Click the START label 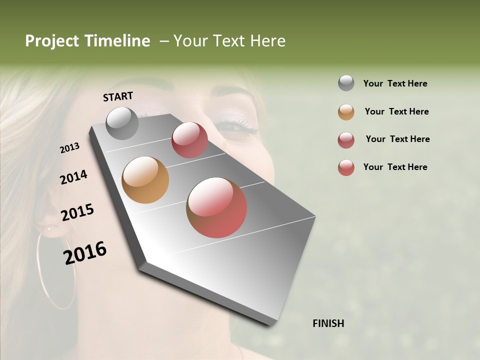118,96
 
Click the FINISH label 328,323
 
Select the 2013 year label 69,148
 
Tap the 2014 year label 73,177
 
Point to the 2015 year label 77,212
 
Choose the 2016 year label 85,252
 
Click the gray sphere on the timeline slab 122,123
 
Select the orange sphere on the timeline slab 145,180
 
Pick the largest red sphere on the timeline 216,207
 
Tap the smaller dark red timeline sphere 189,140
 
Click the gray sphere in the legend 346,83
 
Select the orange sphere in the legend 346,111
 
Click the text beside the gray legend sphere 395,83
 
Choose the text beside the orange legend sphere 396,111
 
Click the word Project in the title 52,41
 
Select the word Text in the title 227,41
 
